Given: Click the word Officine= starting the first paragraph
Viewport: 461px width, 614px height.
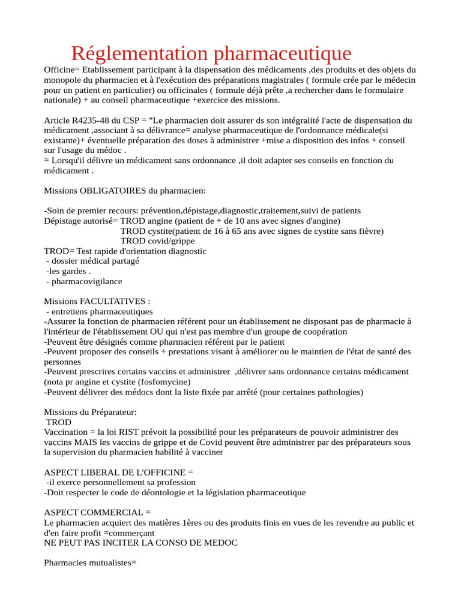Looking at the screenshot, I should click(64, 70).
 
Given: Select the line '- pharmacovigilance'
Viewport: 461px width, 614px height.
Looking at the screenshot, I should click(83, 281).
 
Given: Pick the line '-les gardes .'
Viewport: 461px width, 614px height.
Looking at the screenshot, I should click(68, 271).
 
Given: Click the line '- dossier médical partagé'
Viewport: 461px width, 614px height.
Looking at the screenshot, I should click(92, 261).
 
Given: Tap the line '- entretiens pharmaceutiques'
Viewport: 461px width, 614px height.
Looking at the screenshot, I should click(99, 312).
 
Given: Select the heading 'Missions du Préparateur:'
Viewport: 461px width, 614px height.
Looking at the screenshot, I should click(90, 412).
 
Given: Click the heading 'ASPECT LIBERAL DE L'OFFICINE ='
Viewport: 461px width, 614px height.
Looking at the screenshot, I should click(118, 472).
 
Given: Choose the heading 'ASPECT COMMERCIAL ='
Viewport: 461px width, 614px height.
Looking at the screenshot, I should click(98, 513).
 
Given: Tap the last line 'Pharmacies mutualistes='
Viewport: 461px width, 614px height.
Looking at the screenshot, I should click(91, 563).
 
